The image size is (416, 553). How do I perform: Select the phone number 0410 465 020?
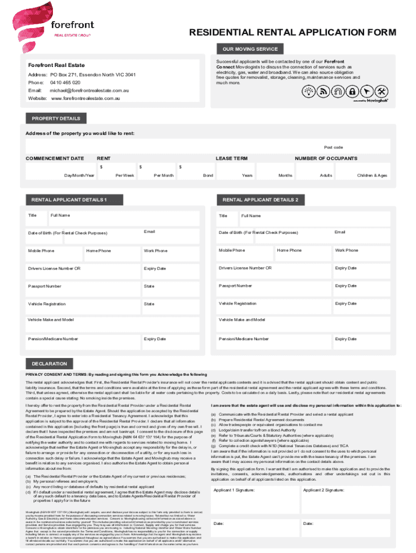tap(65, 83)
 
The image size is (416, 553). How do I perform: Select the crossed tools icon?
tap(381, 91)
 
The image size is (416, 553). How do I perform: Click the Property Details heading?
tap(56, 118)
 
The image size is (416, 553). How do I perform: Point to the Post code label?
tap(333, 147)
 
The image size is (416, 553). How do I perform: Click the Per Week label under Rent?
tap(125, 176)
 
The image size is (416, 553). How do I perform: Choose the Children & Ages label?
tap(372, 176)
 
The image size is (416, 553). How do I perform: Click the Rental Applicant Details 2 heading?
tap(260, 200)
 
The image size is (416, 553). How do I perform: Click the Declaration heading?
tap(49, 363)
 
